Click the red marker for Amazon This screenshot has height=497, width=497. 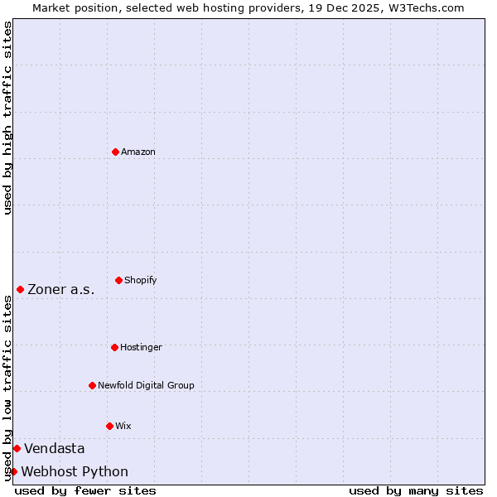click(115, 152)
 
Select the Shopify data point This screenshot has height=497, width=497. click(118, 280)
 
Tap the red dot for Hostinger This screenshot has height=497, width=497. click(114, 347)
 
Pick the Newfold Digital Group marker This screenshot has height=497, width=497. click(92, 385)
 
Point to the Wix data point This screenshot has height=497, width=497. click(109, 426)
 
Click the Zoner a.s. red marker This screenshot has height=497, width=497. click(20, 289)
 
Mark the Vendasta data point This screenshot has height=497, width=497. click(17, 448)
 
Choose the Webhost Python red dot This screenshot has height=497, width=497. click(13, 471)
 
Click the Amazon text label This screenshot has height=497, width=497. click(138, 152)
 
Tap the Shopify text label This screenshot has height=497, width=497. click(141, 280)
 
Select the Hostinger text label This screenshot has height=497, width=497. click(141, 347)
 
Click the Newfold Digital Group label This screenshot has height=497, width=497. click(146, 385)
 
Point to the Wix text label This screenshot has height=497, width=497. click(123, 426)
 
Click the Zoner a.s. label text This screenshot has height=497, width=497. click(61, 289)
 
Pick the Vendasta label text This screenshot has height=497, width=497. click(55, 448)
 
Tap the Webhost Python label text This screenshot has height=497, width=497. click(75, 471)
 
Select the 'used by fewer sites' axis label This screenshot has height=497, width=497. click(85, 490)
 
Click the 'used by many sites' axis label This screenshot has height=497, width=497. click(416, 490)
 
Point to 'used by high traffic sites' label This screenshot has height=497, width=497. click(7, 118)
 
